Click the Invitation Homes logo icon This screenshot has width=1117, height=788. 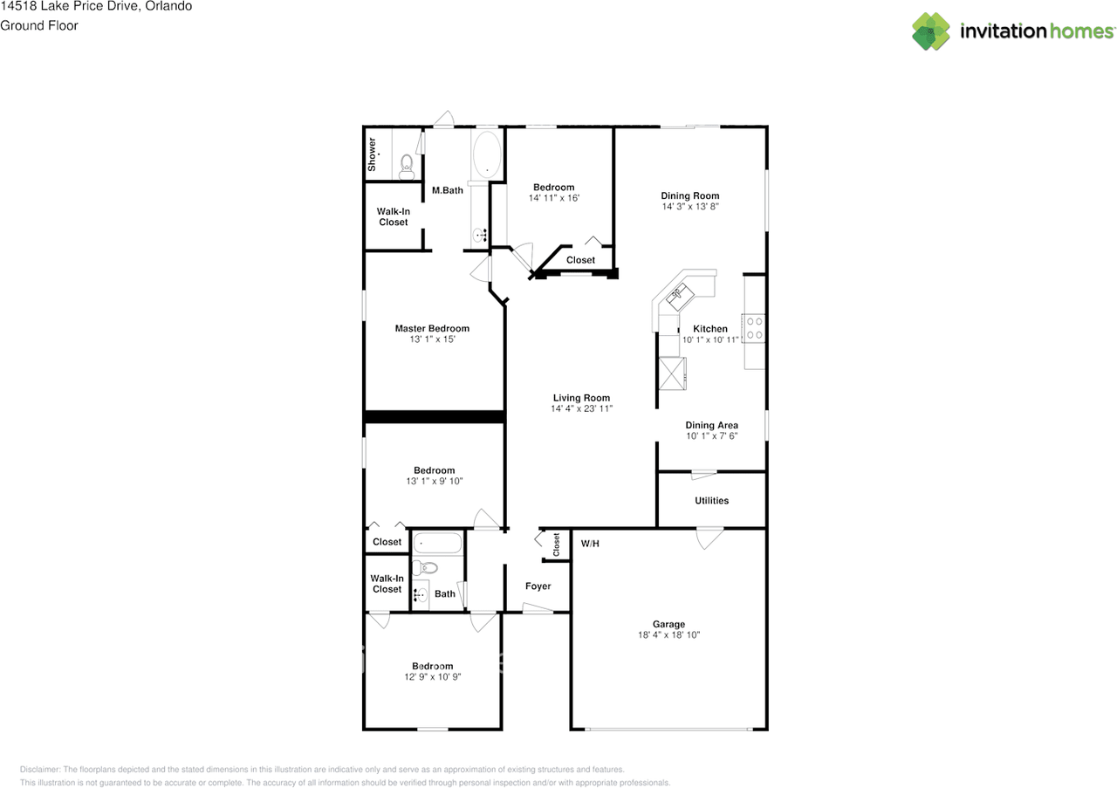pos(931,31)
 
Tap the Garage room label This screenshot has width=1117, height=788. pos(668,624)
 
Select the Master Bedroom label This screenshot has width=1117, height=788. pos(432,328)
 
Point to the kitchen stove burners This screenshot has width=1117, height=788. pos(755,328)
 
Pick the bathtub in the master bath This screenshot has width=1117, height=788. pos(486,154)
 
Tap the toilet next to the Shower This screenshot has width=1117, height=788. pos(407,167)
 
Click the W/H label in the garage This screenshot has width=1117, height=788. pos(590,544)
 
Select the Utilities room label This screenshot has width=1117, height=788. pos(711,501)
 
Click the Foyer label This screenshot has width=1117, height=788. pos(538,586)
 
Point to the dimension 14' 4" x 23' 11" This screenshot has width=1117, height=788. pos(580,409)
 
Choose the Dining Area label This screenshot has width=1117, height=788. pos(711,425)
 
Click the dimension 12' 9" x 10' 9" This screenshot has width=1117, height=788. pos(432,677)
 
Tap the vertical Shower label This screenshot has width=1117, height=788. pos(372,154)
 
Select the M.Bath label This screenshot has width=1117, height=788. pos(447,190)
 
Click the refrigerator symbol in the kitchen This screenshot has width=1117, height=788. pos(672,373)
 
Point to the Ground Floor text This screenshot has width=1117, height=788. pos(39,25)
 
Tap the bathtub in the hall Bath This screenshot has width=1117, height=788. pos(436,545)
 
